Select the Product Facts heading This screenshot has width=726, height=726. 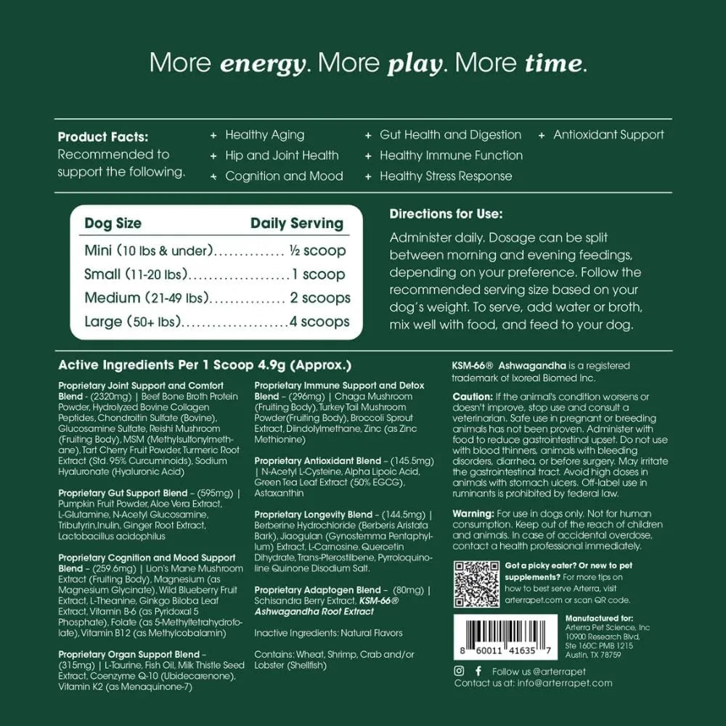pos(103,136)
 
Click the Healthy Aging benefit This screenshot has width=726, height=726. pos(264,135)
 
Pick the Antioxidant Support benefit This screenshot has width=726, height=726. pos(608,135)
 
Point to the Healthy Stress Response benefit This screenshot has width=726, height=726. pos(446,176)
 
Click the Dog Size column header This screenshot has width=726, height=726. pos(113,224)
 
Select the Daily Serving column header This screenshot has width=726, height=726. pos(297,224)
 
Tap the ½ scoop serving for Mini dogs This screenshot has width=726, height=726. pos(317,250)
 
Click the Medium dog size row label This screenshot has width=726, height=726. pos(112,298)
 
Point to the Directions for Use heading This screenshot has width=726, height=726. pos(446,214)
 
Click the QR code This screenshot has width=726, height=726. pos(476,584)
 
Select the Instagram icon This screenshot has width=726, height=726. pos(459,671)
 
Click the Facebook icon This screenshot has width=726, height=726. pos(478,671)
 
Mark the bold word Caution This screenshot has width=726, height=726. pos(471,396)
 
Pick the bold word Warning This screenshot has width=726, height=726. pos(473,514)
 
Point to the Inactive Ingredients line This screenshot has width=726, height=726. pos(328,633)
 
